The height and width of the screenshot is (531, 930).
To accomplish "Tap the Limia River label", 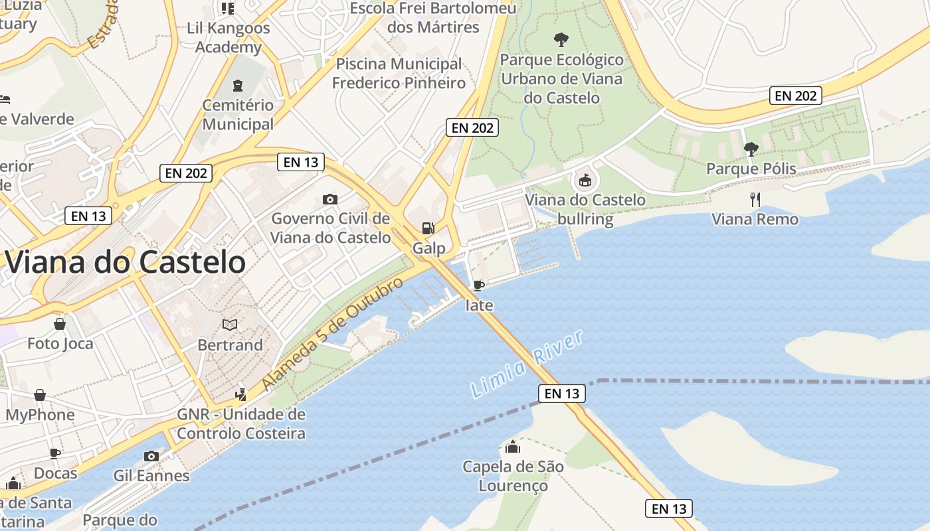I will [x=527, y=364].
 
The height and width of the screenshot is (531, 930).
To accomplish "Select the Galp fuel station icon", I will [x=428, y=228].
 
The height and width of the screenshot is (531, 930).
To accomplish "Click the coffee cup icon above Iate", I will [x=478, y=285].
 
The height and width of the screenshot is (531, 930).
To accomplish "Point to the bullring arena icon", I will [x=585, y=180].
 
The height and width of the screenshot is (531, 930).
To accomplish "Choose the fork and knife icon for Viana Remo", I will [x=755, y=199].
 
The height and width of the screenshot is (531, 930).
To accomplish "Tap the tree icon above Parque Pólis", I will [x=751, y=149].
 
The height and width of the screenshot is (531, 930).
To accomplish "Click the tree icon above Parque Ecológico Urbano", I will [x=561, y=40].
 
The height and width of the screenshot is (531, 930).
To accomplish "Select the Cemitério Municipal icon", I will [x=238, y=86].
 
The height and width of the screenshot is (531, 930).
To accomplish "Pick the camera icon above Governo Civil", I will [x=329, y=199].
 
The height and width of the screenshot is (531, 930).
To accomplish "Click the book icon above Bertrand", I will [x=230, y=325].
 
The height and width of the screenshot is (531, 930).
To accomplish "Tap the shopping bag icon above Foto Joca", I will [x=60, y=324].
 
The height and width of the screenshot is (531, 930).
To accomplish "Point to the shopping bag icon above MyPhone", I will [x=40, y=395].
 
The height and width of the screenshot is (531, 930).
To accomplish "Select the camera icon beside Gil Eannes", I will [x=151, y=456].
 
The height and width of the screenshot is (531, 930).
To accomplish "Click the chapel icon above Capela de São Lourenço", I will [x=513, y=447].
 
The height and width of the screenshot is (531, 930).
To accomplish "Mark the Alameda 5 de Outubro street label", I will [x=332, y=334].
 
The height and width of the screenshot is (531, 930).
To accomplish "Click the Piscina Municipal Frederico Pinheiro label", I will [x=399, y=73].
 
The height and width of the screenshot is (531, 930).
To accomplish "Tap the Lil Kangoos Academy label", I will [x=229, y=38].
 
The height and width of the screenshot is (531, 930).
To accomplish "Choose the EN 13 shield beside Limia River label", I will [x=562, y=394].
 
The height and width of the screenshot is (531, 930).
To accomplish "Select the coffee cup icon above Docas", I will [x=55, y=454].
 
